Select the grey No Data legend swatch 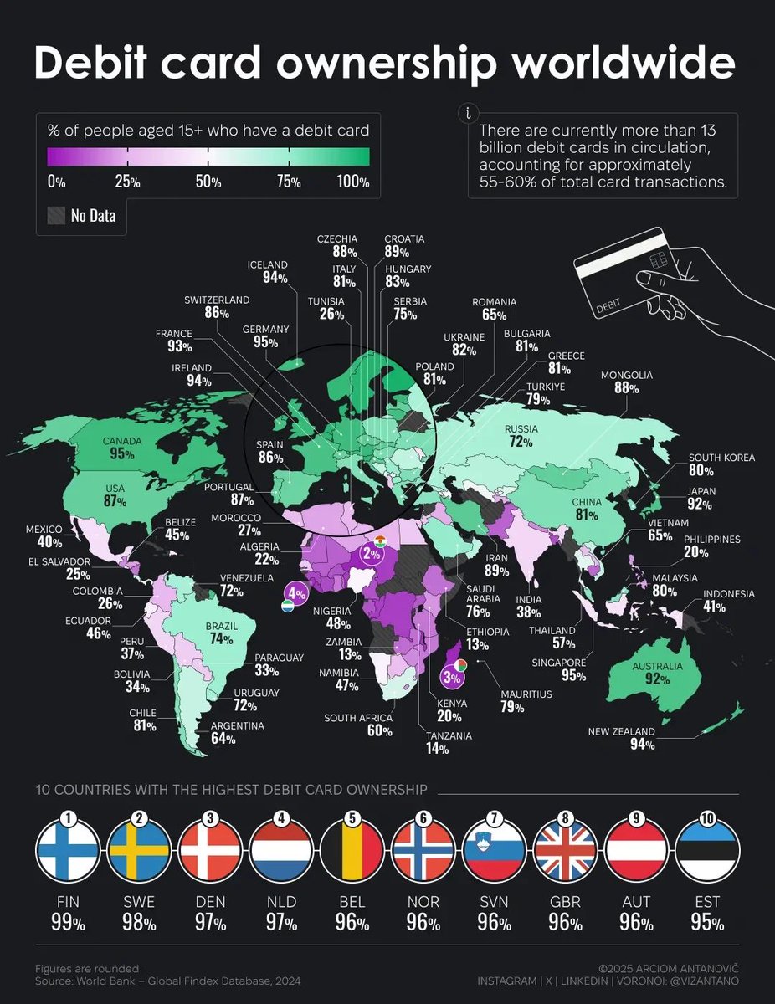[x=55, y=217]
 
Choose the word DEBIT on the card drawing [x=608, y=310]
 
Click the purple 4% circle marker [x=297, y=592]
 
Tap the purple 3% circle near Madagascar [x=453, y=676]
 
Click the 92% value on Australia [x=657, y=679]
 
